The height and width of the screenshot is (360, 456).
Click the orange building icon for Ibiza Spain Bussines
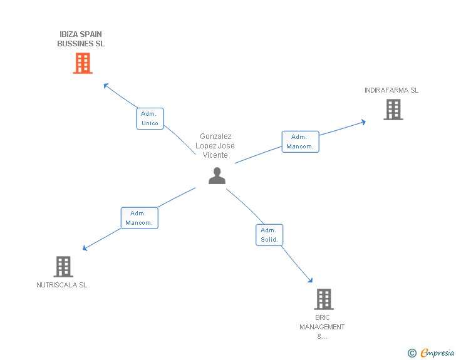83,63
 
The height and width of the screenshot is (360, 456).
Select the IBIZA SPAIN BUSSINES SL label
81,39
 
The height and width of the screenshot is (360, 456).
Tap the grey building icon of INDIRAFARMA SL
393,110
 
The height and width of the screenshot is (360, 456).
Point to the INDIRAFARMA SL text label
391,90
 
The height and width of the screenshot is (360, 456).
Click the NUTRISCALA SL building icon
63,267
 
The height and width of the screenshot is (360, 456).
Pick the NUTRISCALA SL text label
62,285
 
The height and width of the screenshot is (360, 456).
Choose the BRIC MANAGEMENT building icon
323,299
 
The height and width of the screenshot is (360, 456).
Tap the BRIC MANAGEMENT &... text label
322,327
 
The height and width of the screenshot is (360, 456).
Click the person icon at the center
217,176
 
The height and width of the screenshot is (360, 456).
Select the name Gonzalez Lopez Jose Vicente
216,146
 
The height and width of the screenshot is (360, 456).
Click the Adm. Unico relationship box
150,118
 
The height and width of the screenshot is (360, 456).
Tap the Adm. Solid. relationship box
269,235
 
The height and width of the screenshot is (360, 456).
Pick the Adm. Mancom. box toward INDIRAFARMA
300,141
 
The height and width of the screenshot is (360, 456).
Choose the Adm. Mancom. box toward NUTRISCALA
139,218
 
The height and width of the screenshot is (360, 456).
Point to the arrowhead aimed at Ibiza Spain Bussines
106,85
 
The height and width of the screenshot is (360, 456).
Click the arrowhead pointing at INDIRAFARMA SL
363,121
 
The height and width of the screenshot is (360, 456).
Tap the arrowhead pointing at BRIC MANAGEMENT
309,280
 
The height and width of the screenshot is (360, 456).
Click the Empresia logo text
437,353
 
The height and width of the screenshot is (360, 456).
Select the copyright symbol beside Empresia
412,353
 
